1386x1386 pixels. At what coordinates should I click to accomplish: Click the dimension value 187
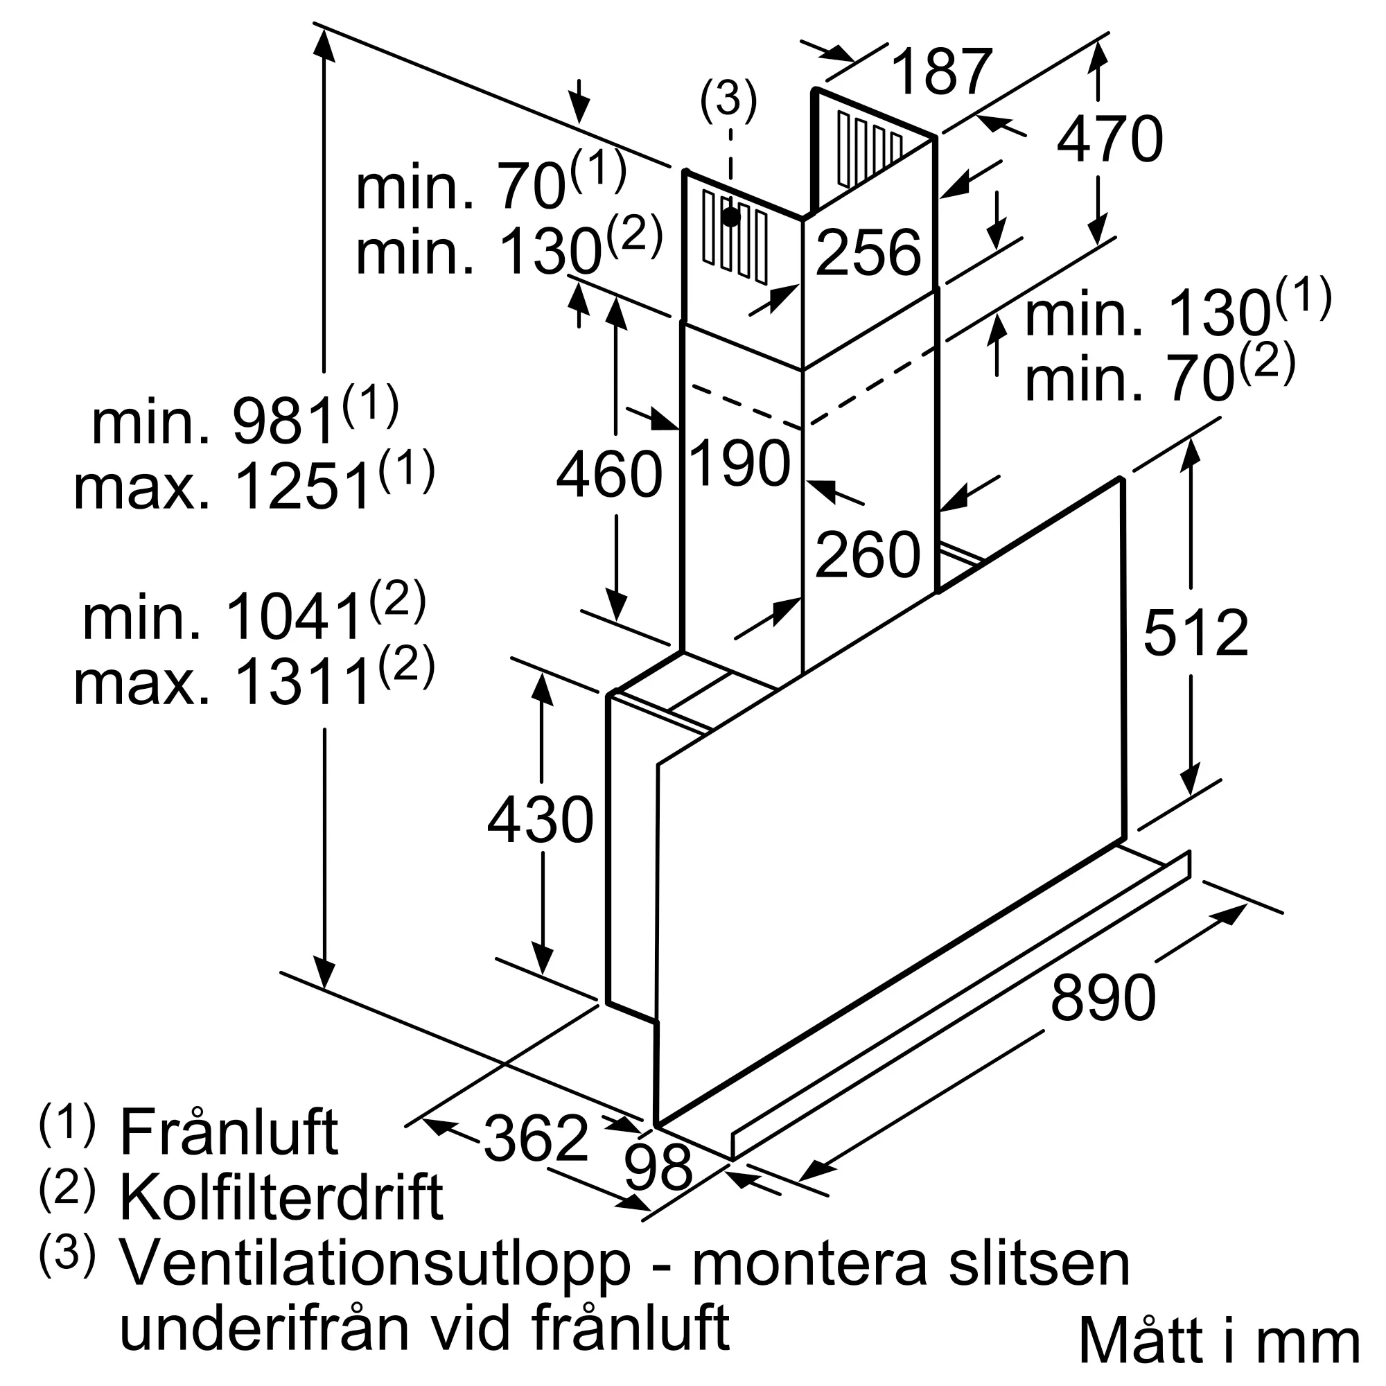pyautogui.click(x=942, y=72)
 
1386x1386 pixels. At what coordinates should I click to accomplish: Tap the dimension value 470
pyautogui.click(x=1109, y=139)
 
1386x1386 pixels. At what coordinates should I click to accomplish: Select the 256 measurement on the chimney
pyautogui.click(x=868, y=252)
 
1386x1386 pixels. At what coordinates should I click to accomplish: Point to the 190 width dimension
pyautogui.click(x=739, y=463)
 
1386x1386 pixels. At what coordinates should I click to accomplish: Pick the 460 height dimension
pyautogui.click(x=610, y=474)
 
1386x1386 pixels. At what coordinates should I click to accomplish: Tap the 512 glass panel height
pyautogui.click(x=1196, y=632)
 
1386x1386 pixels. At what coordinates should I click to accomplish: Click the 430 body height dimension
pyautogui.click(x=541, y=818)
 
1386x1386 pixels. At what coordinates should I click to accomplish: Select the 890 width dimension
pyautogui.click(x=1103, y=997)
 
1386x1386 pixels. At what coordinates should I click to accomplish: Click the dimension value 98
pyautogui.click(x=658, y=1186)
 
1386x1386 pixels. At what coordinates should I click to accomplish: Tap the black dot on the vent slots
pyautogui.click(x=731, y=217)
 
